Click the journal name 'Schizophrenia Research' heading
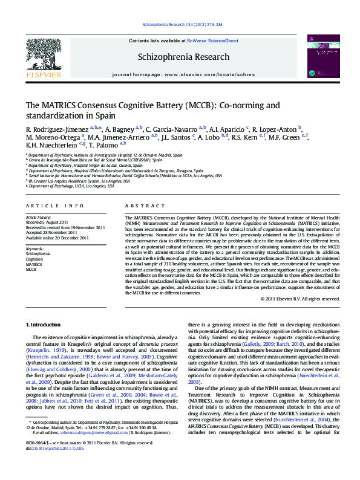pos(184,57)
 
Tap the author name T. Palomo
pos(103,145)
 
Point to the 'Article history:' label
pos(39,216)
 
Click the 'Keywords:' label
pos(34,248)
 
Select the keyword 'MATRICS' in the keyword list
pos(34,264)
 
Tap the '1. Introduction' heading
pos(43,325)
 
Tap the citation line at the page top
pos(182,25)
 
